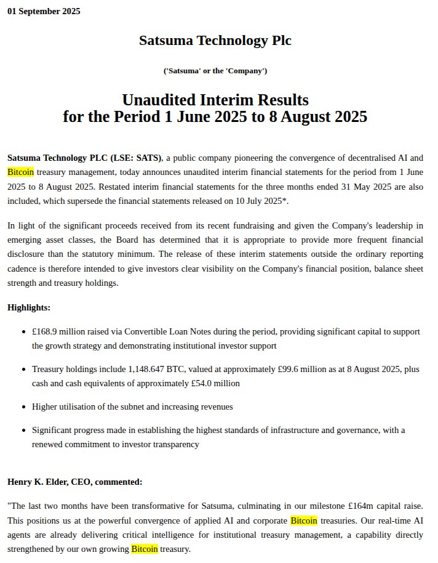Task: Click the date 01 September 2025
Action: [44, 11]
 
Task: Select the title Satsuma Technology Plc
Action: [215, 41]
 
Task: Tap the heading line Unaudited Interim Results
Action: [215, 99]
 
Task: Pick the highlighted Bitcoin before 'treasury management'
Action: [20, 172]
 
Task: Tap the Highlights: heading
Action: [29, 307]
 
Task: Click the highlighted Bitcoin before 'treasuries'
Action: [304, 520]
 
